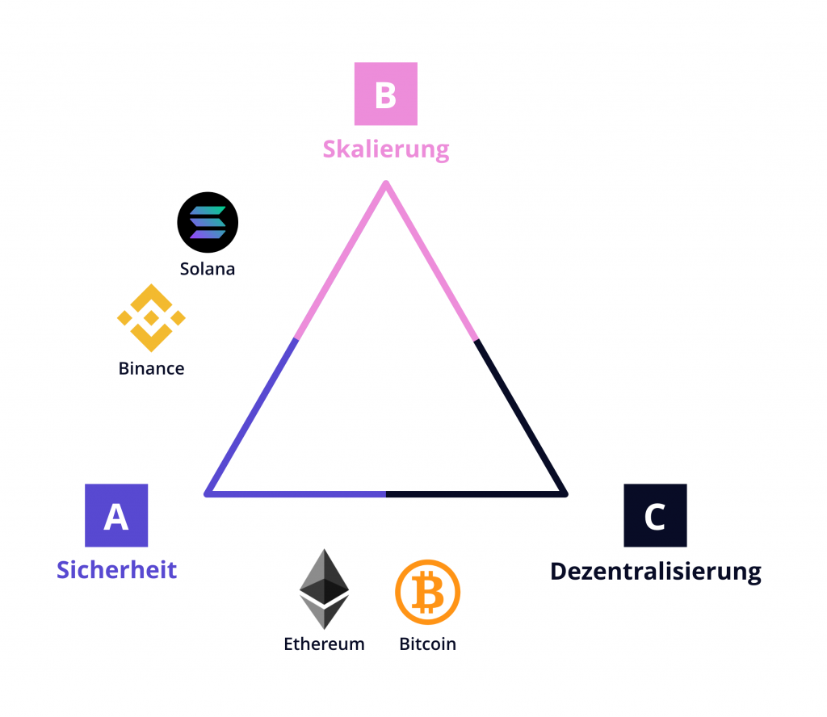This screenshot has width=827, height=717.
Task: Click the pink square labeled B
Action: [x=386, y=95]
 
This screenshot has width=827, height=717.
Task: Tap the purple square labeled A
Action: [x=116, y=515]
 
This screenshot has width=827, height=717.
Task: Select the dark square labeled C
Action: [x=655, y=515]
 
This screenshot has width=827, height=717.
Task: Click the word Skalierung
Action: [x=386, y=149]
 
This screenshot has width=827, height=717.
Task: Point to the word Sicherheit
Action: [x=116, y=569]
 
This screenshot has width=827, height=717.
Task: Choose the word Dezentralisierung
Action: [x=655, y=572]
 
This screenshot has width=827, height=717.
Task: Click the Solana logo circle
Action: [x=208, y=223]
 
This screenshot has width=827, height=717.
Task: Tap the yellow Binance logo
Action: [x=151, y=318]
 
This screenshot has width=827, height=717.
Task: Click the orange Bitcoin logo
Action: [x=427, y=593]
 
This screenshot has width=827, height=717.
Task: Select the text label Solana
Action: [x=208, y=269]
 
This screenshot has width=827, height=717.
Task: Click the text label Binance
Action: [x=151, y=369]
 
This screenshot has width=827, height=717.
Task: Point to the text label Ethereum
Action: [x=324, y=644]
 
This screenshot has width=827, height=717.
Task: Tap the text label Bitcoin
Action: [x=427, y=644]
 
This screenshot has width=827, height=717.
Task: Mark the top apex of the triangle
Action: [x=386, y=185]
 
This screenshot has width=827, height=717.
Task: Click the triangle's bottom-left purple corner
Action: [x=208, y=492]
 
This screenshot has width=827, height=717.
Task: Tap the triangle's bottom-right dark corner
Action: [x=564, y=492]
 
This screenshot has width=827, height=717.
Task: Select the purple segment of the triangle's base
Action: [x=297, y=493]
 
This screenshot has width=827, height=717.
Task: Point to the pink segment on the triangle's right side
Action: [x=431, y=262]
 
